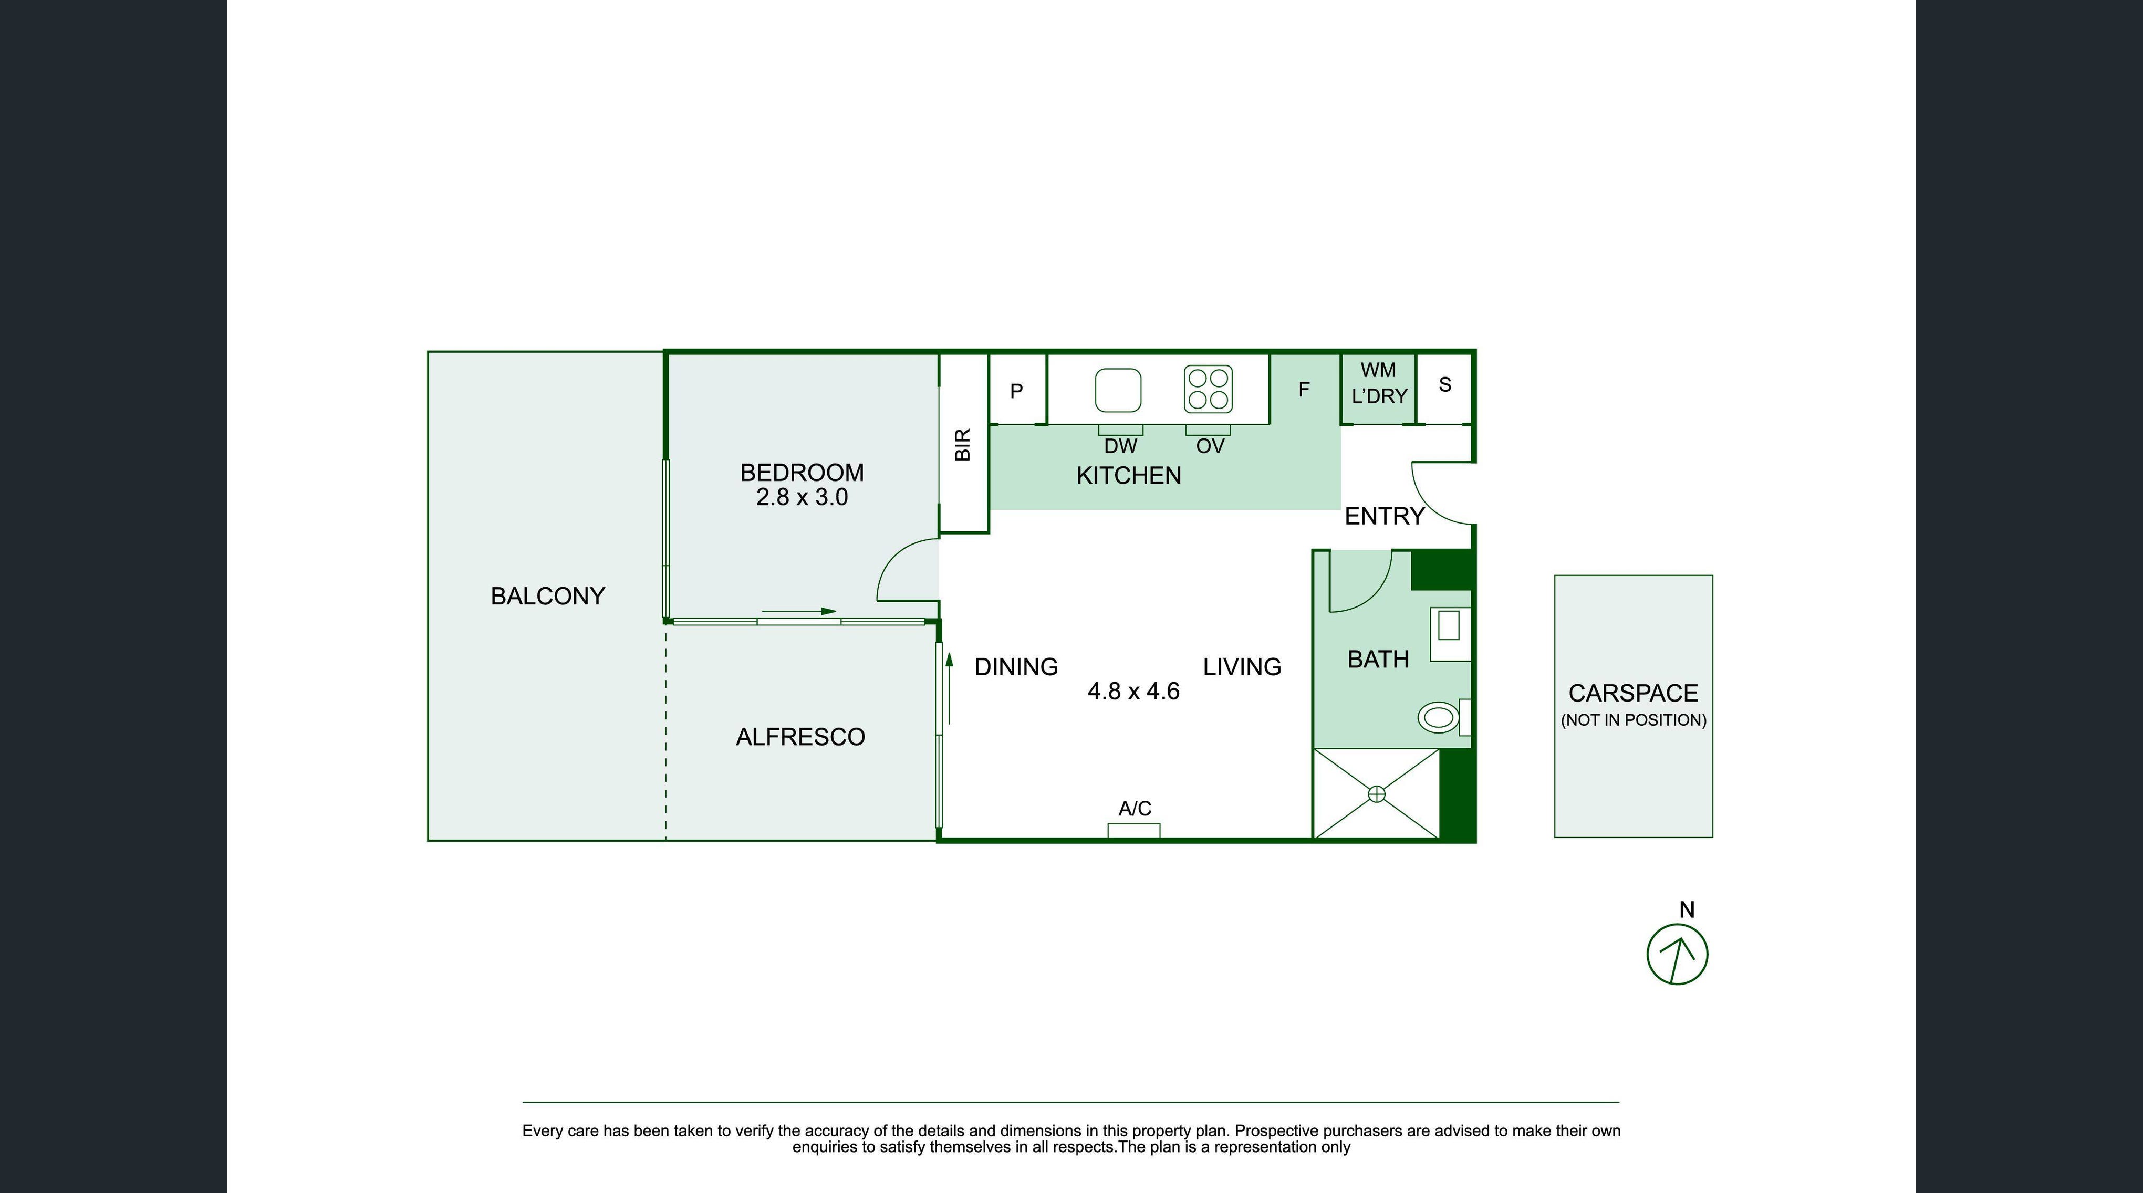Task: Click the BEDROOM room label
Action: (802, 473)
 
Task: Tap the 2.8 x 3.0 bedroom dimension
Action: (802, 497)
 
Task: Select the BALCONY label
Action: (547, 595)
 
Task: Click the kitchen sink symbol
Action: (1117, 390)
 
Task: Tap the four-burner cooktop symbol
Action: (1209, 389)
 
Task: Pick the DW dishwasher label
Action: (1120, 446)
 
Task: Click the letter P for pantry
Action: (1016, 391)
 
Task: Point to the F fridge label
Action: (1304, 389)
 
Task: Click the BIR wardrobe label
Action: (963, 445)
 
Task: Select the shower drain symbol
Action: (1377, 794)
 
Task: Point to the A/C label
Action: (1135, 809)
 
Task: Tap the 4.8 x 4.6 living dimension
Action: (1133, 692)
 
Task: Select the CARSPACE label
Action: (1633, 693)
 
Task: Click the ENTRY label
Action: (1385, 517)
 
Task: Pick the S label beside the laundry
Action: (1445, 384)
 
